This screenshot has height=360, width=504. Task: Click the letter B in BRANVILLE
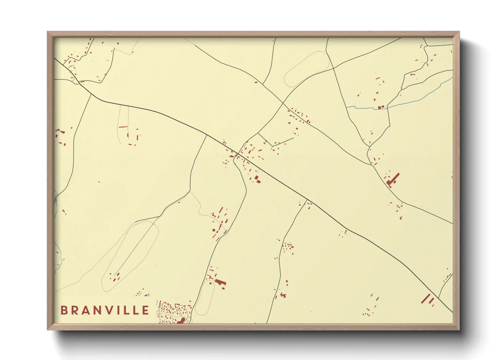tap(64, 310)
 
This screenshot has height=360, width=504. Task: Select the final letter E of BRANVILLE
tap(146, 310)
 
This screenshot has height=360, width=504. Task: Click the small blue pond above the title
tap(146, 295)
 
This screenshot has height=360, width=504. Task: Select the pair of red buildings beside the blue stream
tap(381, 108)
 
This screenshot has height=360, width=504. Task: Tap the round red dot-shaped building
tap(214, 230)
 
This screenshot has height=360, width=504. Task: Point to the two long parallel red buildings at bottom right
tap(428, 299)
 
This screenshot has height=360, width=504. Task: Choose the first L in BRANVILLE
tap(125, 310)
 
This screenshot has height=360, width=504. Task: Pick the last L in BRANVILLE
tap(135, 310)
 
